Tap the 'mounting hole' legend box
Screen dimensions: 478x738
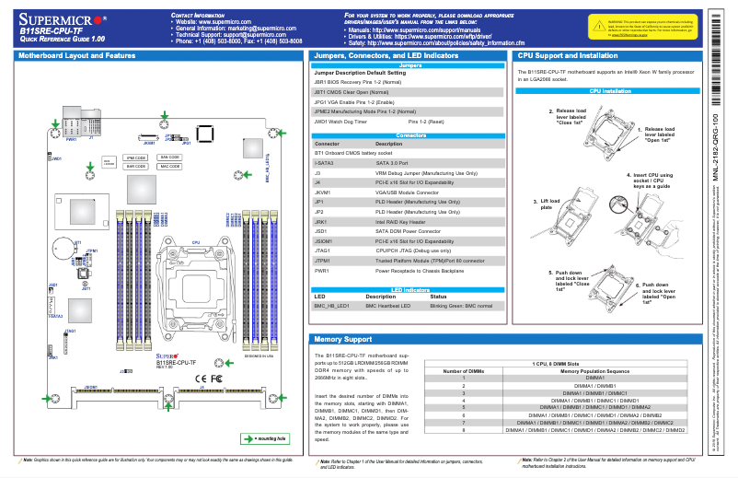(266, 438)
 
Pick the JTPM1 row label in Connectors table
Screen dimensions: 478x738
(323, 261)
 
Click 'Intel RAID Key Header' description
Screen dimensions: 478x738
(400, 221)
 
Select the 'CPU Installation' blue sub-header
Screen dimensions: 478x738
(610, 92)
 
